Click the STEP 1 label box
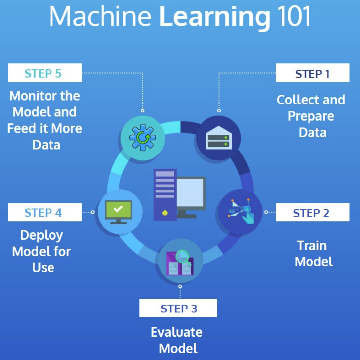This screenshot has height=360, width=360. pyautogui.click(x=312, y=74)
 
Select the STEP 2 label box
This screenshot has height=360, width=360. pyautogui.click(x=311, y=213)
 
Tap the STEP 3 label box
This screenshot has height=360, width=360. pyautogui.click(x=178, y=309)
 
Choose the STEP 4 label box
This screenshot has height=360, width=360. pyautogui.click(x=44, y=213)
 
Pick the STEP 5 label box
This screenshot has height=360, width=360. pyautogui.click(x=44, y=74)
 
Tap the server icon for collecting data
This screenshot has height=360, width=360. pyautogui.click(x=218, y=137)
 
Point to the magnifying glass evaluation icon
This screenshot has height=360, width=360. pyautogui.click(x=180, y=262)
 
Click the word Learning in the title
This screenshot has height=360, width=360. pyautogui.click(x=213, y=17)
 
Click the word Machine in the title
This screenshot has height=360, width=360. pyautogui.click(x=101, y=17)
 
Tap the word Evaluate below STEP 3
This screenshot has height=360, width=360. pyautogui.click(x=176, y=332)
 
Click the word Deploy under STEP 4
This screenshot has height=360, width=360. pyautogui.click(x=42, y=235)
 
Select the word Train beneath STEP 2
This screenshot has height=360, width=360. pyautogui.click(x=311, y=245)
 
